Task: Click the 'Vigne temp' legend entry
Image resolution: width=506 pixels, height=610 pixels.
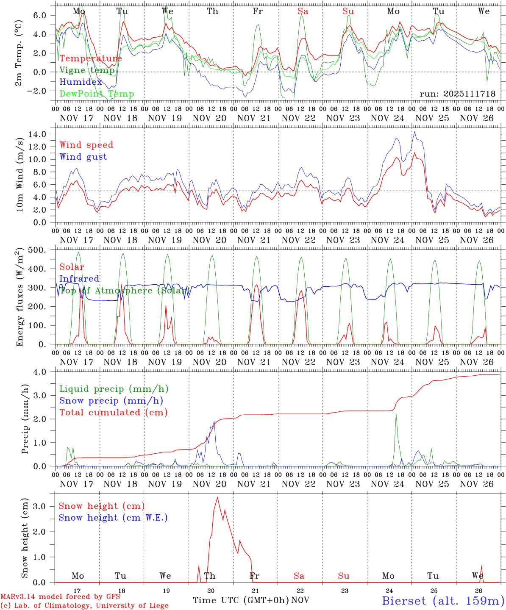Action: [x=87, y=70]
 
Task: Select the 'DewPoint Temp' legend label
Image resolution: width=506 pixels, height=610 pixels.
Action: [x=97, y=94]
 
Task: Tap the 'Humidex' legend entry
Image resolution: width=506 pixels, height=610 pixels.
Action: [x=81, y=82]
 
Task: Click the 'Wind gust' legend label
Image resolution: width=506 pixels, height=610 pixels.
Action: [x=83, y=157]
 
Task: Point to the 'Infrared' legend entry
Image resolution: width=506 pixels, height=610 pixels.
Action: [x=79, y=279]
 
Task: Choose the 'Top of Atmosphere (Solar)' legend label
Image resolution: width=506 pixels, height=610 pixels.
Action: [x=123, y=291]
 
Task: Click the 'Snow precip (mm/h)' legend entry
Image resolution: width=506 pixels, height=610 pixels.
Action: [x=111, y=401]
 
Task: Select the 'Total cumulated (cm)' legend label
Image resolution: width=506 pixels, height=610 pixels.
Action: [x=114, y=413]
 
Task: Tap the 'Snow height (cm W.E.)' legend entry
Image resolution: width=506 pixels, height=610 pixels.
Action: [x=113, y=518]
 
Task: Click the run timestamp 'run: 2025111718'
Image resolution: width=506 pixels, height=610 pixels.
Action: [x=458, y=94]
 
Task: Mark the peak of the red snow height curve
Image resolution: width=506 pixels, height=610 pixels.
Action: [x=217, y=497]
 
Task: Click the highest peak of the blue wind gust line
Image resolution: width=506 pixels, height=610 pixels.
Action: [x=414, y=132]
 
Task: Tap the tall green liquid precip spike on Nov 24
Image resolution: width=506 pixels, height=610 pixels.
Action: [x=396, y=413]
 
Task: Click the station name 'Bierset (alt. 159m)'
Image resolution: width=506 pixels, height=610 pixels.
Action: [x=443, y=601]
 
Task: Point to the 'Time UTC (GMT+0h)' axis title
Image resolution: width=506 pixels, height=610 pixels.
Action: [x=241, y=600]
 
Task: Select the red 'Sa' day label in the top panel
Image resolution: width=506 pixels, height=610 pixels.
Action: [x=303, y=11]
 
